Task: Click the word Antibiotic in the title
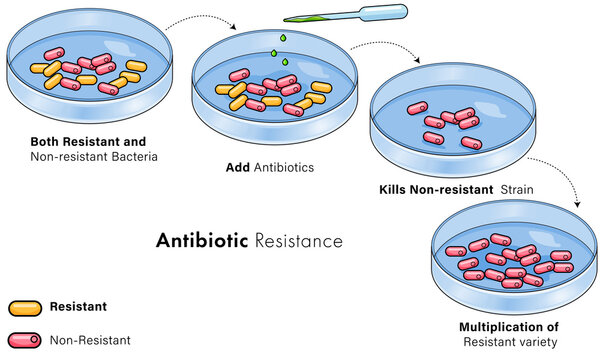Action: click(202, 241)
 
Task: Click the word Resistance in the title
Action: click(299, 241)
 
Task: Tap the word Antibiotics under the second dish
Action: click(284, 166)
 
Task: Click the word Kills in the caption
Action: click(396, 189)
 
